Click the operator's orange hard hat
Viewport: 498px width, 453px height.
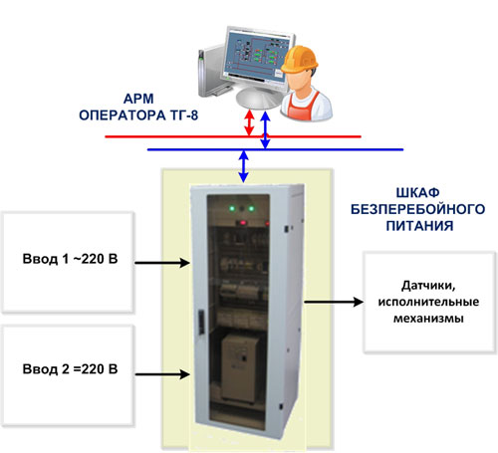click(299, 59)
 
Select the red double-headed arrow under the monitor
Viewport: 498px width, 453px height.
click(249, 122)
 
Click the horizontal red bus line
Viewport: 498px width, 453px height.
click(233, 136)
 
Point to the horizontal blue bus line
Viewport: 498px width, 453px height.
click(275, 149)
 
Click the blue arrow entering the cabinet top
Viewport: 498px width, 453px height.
click(244, 166)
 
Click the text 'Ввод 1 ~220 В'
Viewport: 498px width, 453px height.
click(70, 259)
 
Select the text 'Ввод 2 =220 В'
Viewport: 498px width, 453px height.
click(70, 369)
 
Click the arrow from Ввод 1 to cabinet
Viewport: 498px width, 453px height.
click(162, 263)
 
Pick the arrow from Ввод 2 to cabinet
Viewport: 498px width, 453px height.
click(162, 374)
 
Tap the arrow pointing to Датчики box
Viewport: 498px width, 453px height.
click(334, 302)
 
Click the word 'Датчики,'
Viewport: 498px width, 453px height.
click(428, 286)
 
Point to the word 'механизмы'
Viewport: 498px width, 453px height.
click(428, 319)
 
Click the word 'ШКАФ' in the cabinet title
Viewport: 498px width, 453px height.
click(418, 193)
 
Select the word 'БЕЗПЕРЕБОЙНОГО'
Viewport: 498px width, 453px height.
click(418, 209)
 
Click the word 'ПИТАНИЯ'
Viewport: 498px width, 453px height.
click(419, 226)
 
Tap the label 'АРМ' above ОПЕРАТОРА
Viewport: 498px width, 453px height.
click(138, 99)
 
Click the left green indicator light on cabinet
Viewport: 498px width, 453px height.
click(232, 209)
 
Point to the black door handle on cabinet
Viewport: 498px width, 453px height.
click(201, 322)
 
